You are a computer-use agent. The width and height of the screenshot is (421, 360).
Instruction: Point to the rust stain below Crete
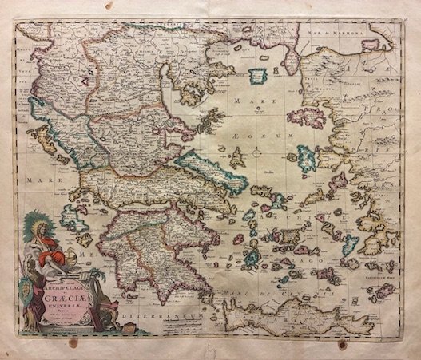pos(342,344)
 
